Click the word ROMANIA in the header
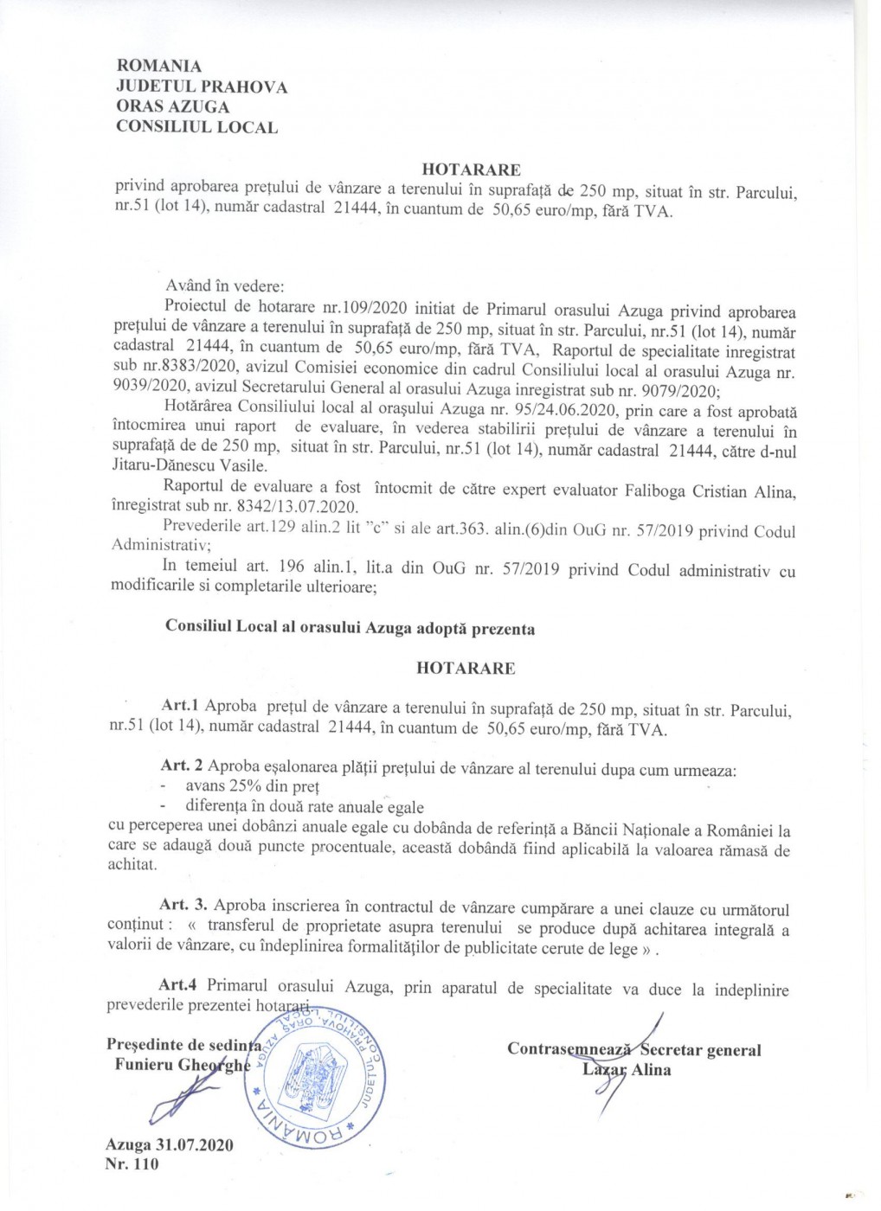[x=159, y=67]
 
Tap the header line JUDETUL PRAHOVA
[x=202, y=86]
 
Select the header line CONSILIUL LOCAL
[x=197, y=127]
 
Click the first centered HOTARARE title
[x=471, y=170]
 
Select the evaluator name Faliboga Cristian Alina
[x=707, y=491]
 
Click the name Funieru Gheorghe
[x=182, y=1065]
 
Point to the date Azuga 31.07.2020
[x=170, y=1144]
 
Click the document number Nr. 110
[x=132, y=1163]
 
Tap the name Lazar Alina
[x=627, y=1070]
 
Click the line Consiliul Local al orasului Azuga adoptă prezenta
[x=350, y=629]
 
